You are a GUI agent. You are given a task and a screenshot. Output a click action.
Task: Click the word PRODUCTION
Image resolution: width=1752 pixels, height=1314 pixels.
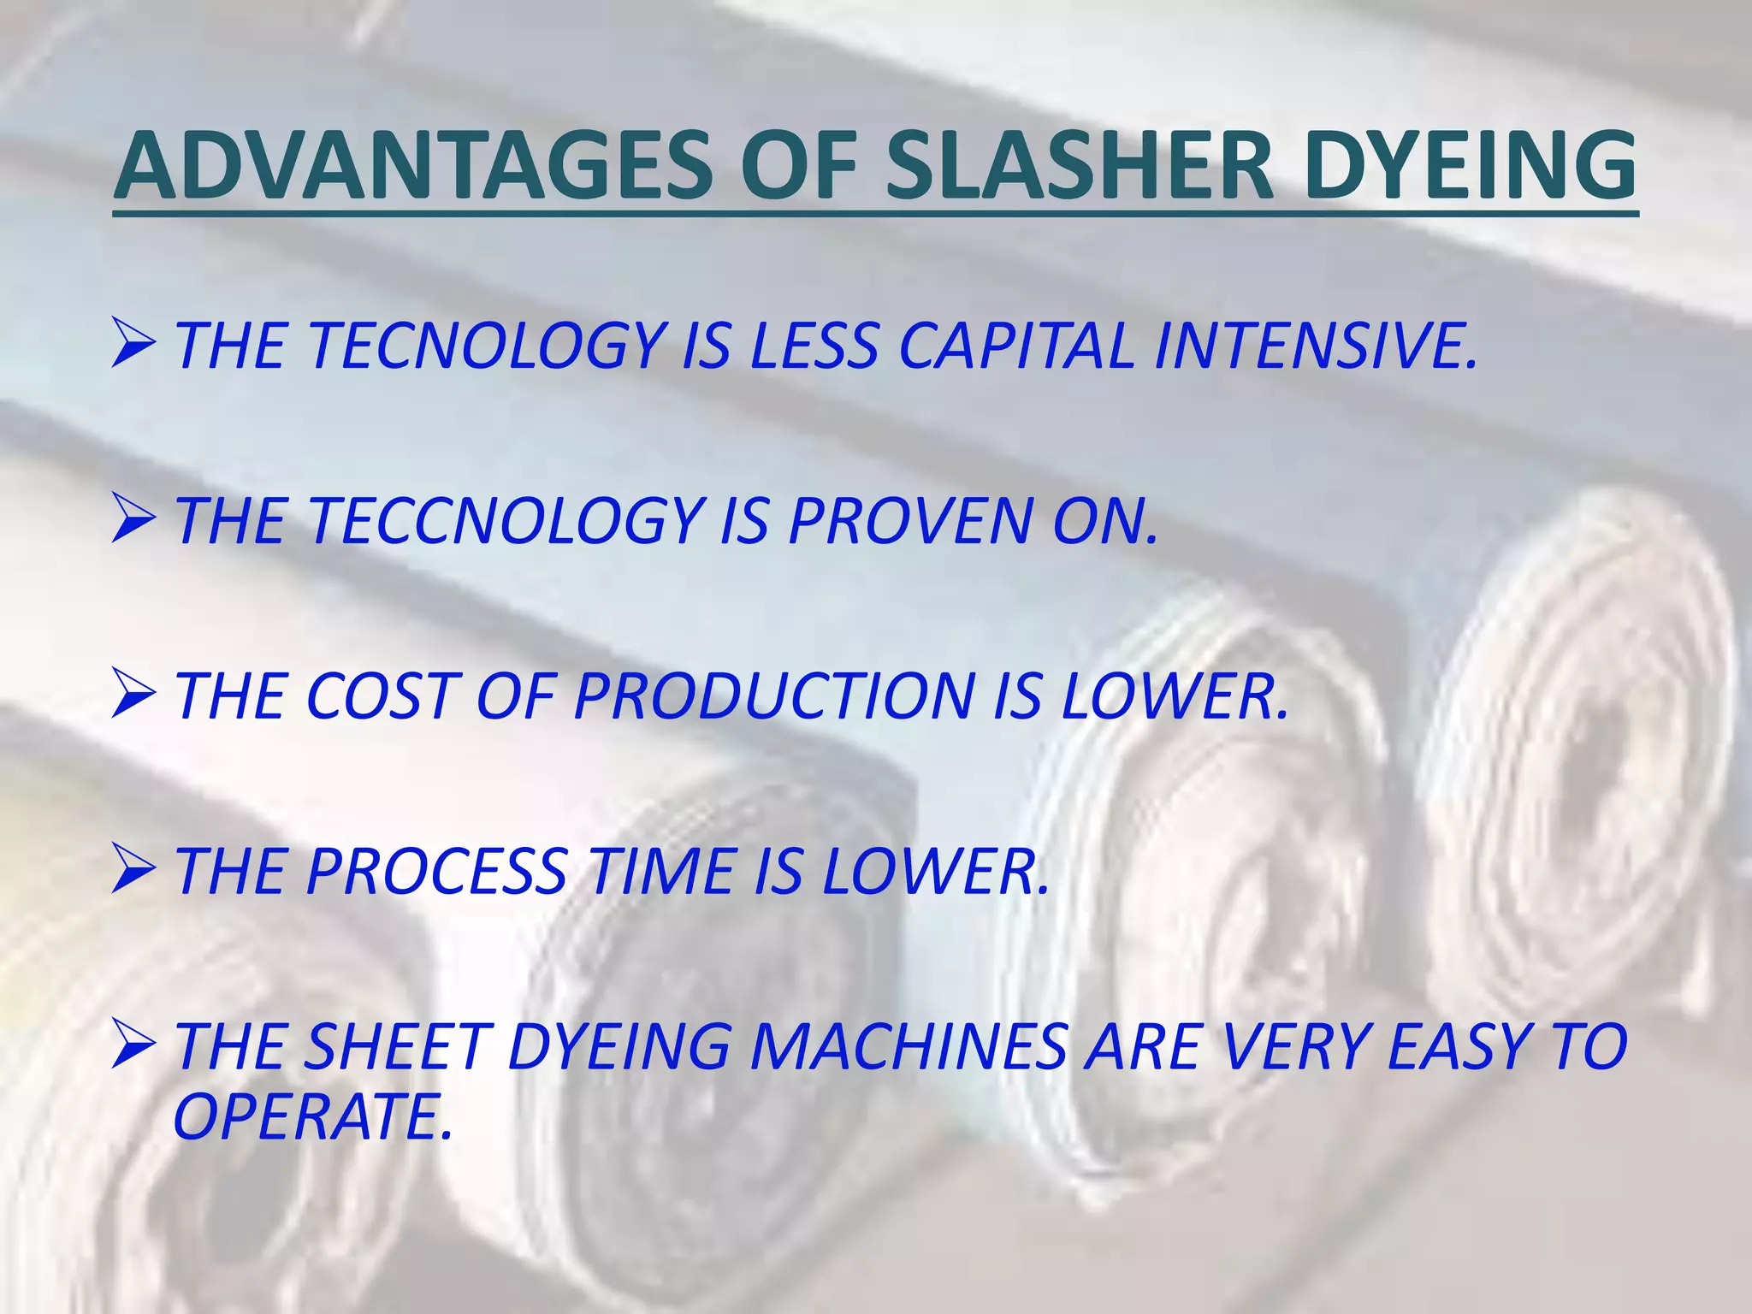(774, 696)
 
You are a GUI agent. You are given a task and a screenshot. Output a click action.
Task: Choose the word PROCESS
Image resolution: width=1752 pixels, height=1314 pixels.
(436, 872)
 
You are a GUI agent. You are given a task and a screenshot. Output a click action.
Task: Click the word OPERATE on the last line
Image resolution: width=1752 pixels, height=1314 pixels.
(312, 1117)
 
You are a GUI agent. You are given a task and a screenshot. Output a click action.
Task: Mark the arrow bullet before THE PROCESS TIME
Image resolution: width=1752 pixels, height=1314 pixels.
(133, 870)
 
